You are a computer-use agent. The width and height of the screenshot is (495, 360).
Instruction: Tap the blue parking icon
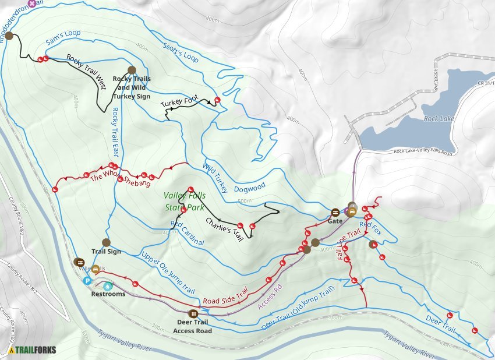87,281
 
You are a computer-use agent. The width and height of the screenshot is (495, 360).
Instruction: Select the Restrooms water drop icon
108,285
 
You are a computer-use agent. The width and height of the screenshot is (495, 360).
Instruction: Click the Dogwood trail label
249,187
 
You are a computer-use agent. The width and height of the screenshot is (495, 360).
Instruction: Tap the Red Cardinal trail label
187,232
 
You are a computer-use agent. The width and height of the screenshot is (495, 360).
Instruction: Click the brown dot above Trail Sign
106,242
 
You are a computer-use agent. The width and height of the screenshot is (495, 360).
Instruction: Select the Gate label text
335,222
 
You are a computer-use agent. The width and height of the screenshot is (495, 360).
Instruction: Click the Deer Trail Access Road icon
193,313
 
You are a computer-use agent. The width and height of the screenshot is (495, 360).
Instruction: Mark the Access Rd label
270,297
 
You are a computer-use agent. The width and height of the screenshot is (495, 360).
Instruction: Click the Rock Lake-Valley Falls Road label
423,152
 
